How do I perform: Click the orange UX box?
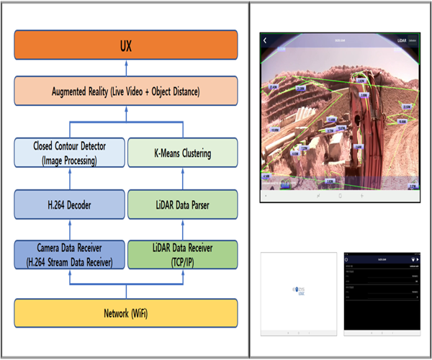[125, 47]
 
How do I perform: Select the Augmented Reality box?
[125, 92]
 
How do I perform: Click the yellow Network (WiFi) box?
[125, 313]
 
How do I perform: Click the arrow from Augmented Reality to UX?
[125, 69]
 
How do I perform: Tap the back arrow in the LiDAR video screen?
[265, 41]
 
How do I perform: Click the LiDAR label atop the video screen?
[402, 42]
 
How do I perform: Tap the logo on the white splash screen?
[298, 292]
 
